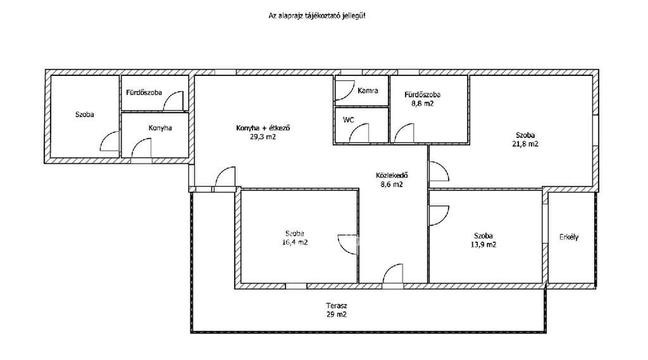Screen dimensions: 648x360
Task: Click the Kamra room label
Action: pyautogui.click(x=368, y=90)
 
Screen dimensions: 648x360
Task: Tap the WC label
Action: pyautogui.click(x=349, y=120)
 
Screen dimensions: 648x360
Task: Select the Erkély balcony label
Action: pyautogui.click(x=569, y=237)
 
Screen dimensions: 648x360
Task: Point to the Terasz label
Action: pyautogui.click(x=337, y=306)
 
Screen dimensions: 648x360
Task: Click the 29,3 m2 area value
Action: pyautogui.click(x=263, y=137)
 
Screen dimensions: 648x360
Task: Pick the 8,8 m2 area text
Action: pyautogui.click(x=422, y=104)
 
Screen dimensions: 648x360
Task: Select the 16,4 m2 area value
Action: pyautogui.click(x=295, y=242)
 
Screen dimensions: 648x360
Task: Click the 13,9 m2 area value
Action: pyautogui.click(x=483, y=244)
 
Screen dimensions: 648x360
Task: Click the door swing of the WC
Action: pyautogui.click(x=359, y=133)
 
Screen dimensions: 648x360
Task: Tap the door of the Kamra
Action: pyautogui.click(x=344, y=90)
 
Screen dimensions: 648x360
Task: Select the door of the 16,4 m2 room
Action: pyautogui.click(x=347, y=244)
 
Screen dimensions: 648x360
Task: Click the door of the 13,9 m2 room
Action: pyautogui.click(x=439, y=216)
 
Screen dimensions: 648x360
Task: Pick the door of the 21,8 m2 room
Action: pyautogui.click(x=439, y=171)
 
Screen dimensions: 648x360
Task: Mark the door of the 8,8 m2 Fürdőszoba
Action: pyautogui.click(x=404, y=133)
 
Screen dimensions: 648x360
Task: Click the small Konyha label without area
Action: pyautogui.click(x=160, y=128)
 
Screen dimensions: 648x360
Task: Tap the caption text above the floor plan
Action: pyautogui.click(x=317, y=16)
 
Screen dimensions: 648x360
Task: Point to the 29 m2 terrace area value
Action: pyautogui.click(x=337, y=314)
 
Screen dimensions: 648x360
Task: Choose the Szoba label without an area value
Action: pyautogui.click(x=84, y=115)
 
